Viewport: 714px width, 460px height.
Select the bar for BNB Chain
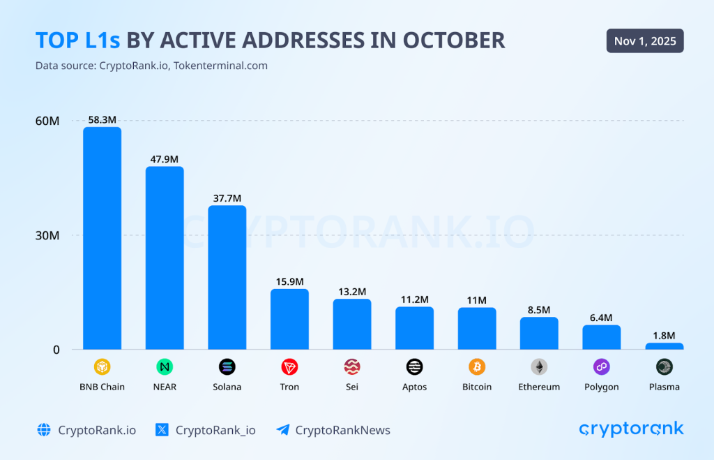[x=102, y=237]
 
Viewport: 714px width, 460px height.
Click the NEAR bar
[x=165, y=258]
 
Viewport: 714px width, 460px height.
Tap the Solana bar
[x=227, y=277]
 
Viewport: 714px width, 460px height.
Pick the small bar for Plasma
[x=664, y=346]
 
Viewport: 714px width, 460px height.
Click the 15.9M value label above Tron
[x=289, y=281]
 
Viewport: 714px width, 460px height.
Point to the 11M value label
[x=477, y=300]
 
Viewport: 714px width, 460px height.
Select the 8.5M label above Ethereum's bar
[x=539, y=309]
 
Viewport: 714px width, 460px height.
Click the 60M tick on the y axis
[x=47, y=121]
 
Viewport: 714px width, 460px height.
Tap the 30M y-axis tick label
[x=47, y=235]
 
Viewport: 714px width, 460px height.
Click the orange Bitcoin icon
[x=477, y=366]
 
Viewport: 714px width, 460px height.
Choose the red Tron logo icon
[x=289, y=366]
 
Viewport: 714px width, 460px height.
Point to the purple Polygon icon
[x=601, y=366]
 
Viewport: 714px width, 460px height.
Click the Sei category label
[x=351, y=387]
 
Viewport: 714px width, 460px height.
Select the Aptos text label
[x=414, y=387]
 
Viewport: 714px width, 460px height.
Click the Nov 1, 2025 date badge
[x=645, y=41]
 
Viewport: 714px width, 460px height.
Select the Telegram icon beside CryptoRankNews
[x=282, y=430]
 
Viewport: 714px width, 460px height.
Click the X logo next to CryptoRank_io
[x=162, y=430]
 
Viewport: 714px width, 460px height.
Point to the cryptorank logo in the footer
[x=631, y=429]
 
